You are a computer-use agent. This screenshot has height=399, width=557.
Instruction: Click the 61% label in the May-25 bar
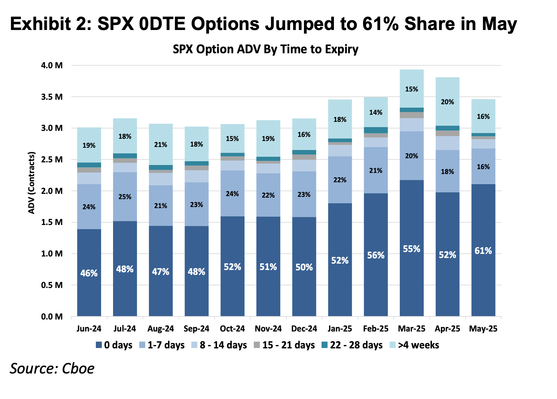click(x=483, y=250)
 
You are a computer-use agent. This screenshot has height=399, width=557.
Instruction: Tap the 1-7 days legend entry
click(x=162, y=345)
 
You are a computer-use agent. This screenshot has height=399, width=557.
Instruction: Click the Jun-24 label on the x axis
click(x=89, y=328)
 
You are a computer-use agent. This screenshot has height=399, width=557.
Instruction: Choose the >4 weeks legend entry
click(x=414, y=345)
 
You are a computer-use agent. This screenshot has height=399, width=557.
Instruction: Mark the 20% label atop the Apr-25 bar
click(x=447, y=102)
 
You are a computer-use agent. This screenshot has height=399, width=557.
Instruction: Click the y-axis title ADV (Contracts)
click(x=32, y=183)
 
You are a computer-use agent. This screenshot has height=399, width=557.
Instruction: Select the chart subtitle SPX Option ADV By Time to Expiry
click(x=265, y=49)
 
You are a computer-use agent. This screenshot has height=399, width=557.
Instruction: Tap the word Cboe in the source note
click(x=78, y=368)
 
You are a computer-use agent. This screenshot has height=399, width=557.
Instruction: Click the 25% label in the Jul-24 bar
click(x=125, y=196)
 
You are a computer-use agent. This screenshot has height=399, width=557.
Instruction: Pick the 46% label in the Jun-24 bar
click(x=89, y=273)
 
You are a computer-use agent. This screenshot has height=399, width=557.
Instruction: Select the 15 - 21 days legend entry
click(x=284, y=345)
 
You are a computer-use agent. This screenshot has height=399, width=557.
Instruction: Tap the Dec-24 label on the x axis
click(x=304, y=328)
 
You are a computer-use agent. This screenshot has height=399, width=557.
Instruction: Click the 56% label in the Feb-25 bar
click(x=375, y=255)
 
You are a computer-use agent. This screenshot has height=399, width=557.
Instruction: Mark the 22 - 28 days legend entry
click(x=352, y=345)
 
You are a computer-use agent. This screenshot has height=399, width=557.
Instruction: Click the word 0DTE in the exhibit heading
click(x=161, y=24)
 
